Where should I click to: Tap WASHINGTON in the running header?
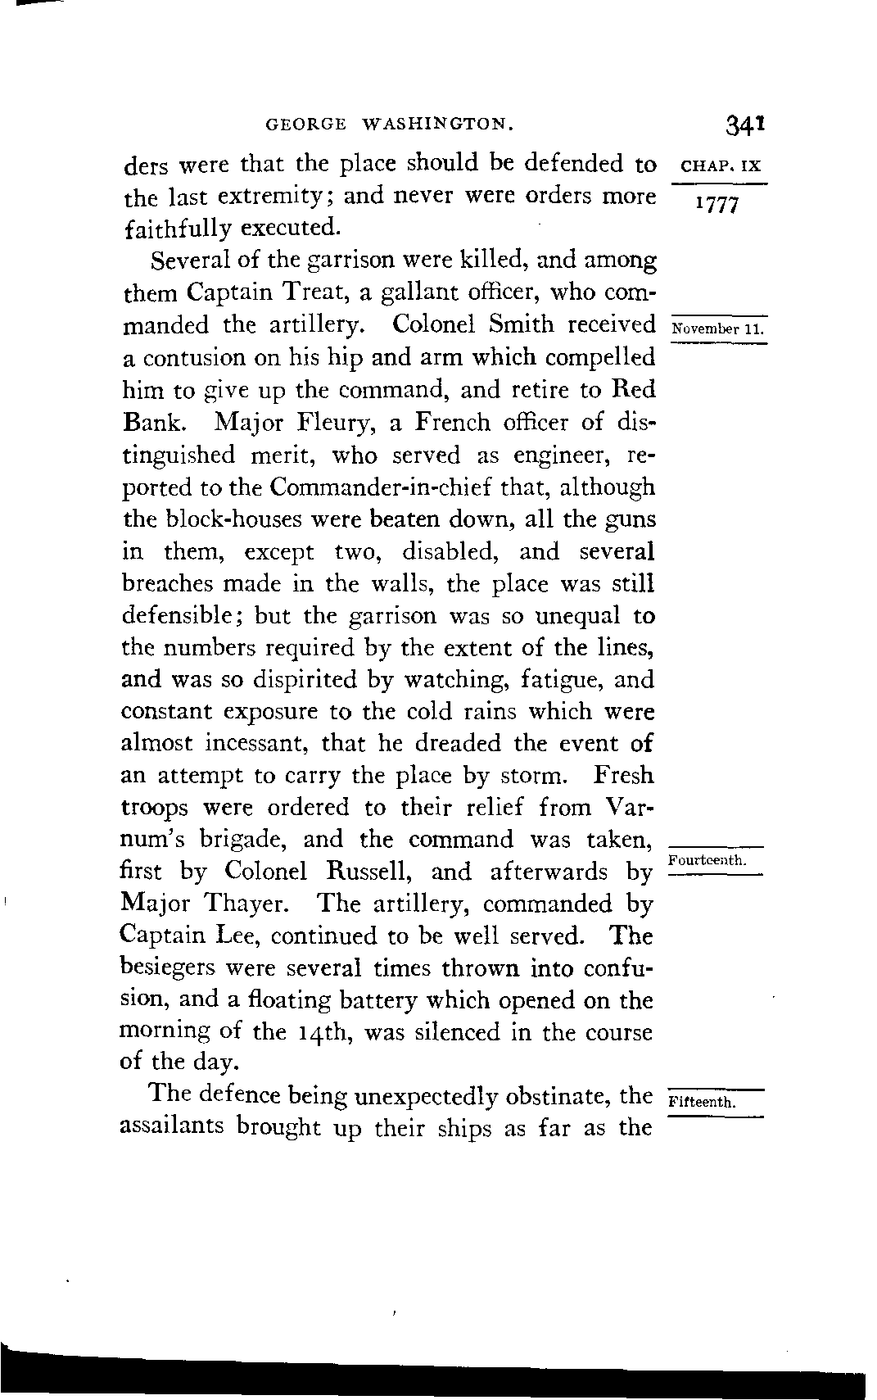point(438,125)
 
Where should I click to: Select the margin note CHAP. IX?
point(721,165)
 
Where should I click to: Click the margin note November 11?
point(717,329)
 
